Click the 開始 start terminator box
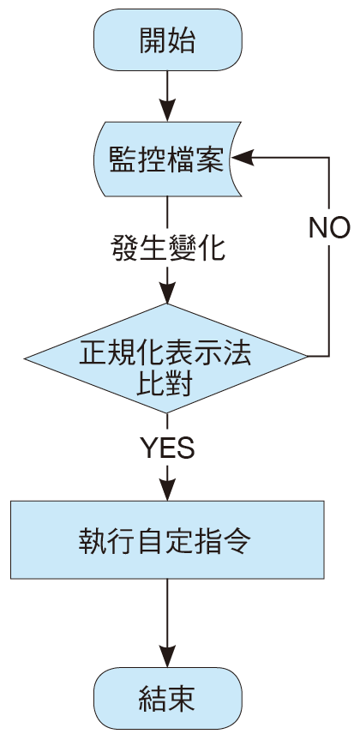(168, 39)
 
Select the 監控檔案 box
(167, 159)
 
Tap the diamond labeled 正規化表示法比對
(166, 358)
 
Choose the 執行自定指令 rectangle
(167, 539)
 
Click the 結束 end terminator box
(168, 698)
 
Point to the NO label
(329, 228)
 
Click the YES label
(167, 448)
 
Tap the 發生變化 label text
(168, 248)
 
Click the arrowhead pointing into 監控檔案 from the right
(243, 158)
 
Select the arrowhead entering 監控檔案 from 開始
(167, 111)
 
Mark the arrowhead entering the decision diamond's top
(167, 292)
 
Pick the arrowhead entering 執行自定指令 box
(167, 490)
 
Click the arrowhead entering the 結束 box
(167, 656)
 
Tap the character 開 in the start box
(153, 40)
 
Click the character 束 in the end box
(182, 699)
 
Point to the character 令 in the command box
(238, 541)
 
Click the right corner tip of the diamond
(308, 357)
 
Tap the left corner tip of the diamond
(24, 359)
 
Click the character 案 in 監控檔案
(210, 159)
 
